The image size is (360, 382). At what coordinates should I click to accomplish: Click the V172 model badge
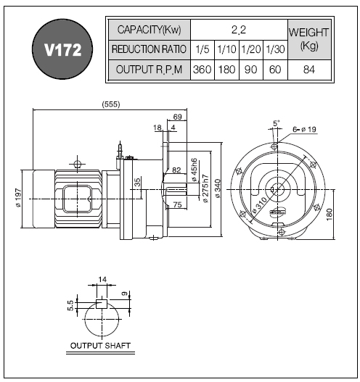62,49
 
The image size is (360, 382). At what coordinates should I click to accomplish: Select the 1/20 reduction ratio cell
251,50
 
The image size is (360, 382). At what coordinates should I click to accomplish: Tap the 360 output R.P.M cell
202,70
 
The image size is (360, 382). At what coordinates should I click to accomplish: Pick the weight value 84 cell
309,70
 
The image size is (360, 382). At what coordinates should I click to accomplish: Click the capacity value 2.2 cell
239,30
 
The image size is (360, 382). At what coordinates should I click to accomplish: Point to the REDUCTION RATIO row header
150,50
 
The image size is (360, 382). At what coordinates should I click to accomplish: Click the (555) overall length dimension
111,104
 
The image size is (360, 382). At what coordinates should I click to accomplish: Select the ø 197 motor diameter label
18,198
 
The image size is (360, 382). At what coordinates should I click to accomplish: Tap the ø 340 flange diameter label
217,188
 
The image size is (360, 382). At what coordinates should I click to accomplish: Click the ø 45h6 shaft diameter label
194,170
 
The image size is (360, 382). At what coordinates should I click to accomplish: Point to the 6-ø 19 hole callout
304,129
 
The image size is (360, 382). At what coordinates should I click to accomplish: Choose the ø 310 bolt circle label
260,205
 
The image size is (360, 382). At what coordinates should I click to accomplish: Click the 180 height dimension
330,215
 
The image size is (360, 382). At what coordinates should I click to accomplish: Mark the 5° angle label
276,123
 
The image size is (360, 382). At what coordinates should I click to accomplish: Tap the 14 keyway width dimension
102,279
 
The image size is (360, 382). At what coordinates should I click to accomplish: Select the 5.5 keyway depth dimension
70,305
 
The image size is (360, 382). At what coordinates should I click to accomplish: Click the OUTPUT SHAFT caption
100,346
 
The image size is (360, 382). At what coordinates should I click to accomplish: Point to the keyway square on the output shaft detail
102,304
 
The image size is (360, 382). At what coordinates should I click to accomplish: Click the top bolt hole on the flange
274,146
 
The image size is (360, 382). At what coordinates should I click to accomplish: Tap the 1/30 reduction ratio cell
275,50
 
